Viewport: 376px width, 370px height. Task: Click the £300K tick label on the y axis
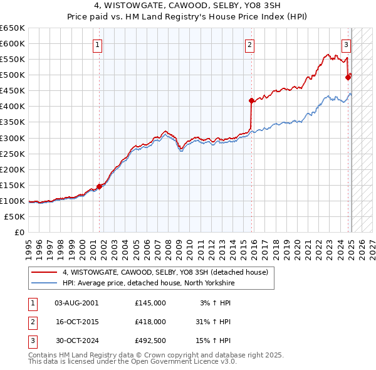(x=13, y=138)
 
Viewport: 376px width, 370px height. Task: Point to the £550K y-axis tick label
(x=13, y=60)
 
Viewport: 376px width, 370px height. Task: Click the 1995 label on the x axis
(x=29, y=243)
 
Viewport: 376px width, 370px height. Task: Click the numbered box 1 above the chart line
(x=99, y=45)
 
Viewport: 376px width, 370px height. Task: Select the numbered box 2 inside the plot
(x=249, y=45)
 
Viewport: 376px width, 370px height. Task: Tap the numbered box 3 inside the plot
(x=346, y=45)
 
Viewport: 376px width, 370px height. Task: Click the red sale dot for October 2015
(x=251, y=100)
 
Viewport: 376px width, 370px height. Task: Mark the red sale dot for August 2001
(x=99, y=186)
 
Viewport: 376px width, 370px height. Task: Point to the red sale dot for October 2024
(x=348, y=77)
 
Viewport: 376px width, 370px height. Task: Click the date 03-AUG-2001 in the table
(x=76, y=303)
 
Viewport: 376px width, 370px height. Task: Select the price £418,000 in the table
(x=150, y=322)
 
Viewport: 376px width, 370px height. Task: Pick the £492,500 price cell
(x=150, y=341)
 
